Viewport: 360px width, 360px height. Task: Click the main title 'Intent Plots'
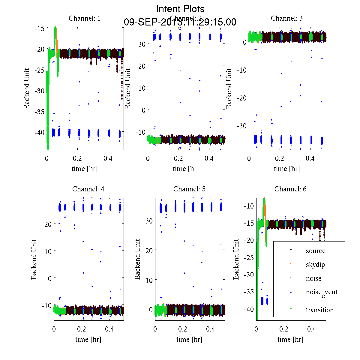[180, 9]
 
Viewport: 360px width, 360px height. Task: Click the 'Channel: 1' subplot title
[85, 18]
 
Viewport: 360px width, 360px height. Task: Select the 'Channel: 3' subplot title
[286, 18]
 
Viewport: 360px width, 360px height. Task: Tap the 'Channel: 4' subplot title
[88, 189]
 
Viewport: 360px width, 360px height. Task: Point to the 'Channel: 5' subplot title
[189, 189]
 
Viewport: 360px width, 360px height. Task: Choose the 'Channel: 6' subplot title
[290, 189]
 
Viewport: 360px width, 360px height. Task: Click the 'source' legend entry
[315, 251]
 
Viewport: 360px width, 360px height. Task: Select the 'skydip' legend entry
[315, 265]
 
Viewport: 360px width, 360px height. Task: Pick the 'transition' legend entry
[319, 310]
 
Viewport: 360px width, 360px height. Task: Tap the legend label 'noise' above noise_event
[313, 278]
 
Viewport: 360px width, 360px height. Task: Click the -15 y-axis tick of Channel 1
[39, 29]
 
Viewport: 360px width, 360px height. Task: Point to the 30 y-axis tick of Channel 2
[142, 44]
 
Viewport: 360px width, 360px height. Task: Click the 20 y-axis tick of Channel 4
[48, 224]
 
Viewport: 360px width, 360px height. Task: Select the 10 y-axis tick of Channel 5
[149, 280]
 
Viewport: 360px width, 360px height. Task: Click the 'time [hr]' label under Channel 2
[186, 169]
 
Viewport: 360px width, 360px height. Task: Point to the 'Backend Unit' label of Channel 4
[34, 259]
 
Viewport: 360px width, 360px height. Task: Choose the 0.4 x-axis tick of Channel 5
[211, 329]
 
